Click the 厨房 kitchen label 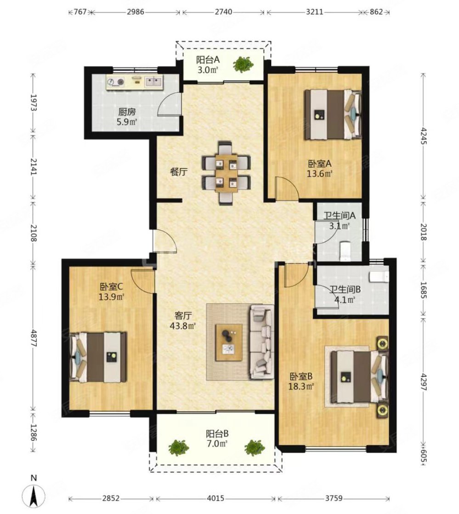tap(127, 112)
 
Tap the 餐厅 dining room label tap(179, 171)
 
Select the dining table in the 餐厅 tap(226, 173)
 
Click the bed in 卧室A tap(333, 114)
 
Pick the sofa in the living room tap(262, 342)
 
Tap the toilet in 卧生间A tap(346, 251)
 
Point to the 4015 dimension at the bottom tap(215, 498)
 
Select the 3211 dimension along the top tap(315, 12)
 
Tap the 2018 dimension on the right tap(424, 232)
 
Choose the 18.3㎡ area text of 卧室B tap(301, 387)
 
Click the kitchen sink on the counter tap(153, 81)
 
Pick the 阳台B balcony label tap(217, 434)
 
